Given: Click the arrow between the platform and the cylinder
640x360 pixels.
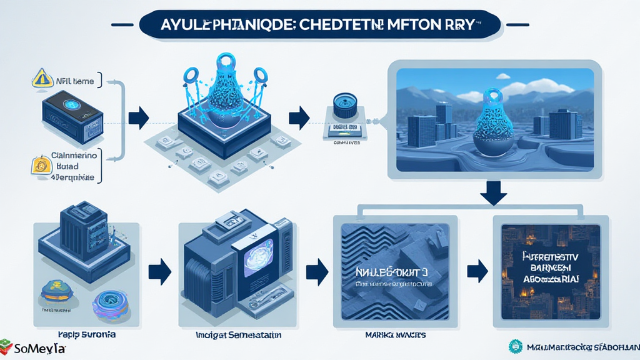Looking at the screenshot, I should coord(299,116).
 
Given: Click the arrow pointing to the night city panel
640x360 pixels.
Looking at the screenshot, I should coord(477,270).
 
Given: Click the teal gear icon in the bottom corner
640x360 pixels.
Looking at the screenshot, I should coord(516,346).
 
